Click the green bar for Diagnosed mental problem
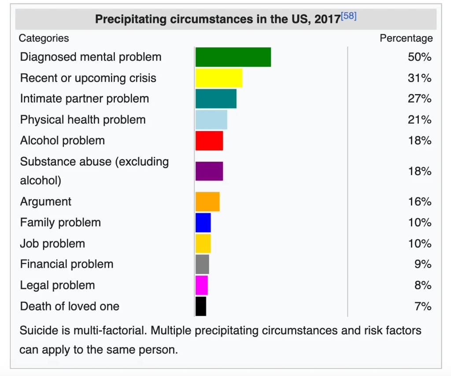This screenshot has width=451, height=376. [233, 57]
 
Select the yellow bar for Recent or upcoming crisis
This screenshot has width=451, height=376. [218, 78]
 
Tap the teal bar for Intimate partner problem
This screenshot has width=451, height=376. [216, 99]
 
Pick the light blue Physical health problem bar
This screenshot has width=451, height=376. [211, 120]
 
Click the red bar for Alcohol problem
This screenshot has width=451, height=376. [209, 141]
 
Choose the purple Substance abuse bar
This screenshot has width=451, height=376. [209, 171]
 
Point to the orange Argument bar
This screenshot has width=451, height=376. [207, 201]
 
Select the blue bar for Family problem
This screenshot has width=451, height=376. [203, 223]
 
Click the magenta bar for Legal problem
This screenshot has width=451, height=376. [201, 285]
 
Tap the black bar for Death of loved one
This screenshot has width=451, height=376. [200, 306]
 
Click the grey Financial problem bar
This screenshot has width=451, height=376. [202, 264]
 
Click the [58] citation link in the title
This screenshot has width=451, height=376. [348, 17]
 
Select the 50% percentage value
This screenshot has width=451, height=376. [419, 57]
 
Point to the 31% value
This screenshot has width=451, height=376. [419, 78]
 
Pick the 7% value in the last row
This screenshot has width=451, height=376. [423, 306]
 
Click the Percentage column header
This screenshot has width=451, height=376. [406, 38]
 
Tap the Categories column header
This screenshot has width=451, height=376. [44, 38]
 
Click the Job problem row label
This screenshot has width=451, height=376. [52, 244]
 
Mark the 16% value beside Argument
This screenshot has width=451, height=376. [419, 201]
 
